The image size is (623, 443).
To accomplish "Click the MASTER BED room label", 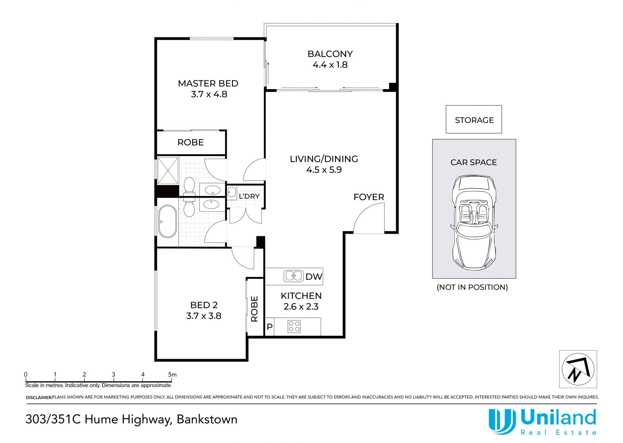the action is coord(208,83).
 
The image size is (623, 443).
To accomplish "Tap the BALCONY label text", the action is coord(330,54).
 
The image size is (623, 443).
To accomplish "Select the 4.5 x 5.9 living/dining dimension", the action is coord(324,170).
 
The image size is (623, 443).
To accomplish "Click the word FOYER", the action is coord(369,197).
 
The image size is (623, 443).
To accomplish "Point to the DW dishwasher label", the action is coord(314,276).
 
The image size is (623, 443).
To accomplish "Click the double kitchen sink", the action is coord(294,276).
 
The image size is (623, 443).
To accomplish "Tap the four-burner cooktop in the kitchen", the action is coord(294,326).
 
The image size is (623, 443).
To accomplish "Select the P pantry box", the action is coord(270,327).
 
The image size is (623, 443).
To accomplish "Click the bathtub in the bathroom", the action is coord(167,221).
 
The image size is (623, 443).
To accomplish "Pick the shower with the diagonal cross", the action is coord(168,171).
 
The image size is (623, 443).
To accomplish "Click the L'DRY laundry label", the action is coord(249,196).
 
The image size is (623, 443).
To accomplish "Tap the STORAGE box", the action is coord(474,119).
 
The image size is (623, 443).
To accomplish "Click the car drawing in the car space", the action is coord(474,223).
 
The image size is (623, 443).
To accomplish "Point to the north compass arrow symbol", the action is coord(578,369).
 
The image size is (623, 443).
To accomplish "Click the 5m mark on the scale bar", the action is coord(172,375).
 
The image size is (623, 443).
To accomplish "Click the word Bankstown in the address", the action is coord(207,419).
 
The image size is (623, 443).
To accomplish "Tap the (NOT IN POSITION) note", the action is coord(472,287).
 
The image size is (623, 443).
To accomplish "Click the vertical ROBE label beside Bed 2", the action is coord(254,309).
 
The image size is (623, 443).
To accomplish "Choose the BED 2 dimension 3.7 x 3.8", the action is coord(203,316).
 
